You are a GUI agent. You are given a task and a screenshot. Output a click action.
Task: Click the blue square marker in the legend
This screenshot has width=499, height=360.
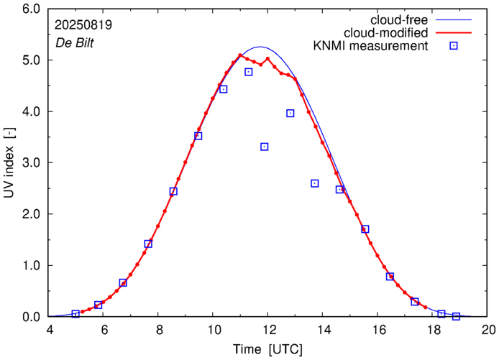(x=453, y=47)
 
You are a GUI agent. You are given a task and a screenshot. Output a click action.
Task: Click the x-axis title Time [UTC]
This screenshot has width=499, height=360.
(x=267, y=350)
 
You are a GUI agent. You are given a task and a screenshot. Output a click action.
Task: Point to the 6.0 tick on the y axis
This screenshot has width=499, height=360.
(x=31, y=10)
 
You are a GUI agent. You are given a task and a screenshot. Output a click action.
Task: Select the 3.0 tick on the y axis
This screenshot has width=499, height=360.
(x=31, y=163)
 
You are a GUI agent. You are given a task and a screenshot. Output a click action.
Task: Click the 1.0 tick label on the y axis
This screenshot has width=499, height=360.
(x=31, y=266)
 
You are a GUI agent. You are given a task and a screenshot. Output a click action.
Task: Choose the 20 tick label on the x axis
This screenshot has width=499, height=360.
(x=487, y=331)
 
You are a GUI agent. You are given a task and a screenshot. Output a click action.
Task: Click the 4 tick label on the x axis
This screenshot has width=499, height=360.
(x=50, y=331)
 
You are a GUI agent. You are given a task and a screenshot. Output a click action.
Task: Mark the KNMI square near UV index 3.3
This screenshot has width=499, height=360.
(x=265, y=147)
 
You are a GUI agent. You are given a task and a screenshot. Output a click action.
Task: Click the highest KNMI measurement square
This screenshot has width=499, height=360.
(x=249, y=72)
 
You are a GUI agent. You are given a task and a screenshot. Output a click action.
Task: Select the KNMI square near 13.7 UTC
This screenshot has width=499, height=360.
(x=315, y=183)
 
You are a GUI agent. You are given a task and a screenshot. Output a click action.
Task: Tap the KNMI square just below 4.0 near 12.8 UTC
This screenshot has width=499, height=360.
(x=290, y=113)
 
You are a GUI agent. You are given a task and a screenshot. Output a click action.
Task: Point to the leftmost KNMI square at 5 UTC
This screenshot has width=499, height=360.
(x=75, y=314)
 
